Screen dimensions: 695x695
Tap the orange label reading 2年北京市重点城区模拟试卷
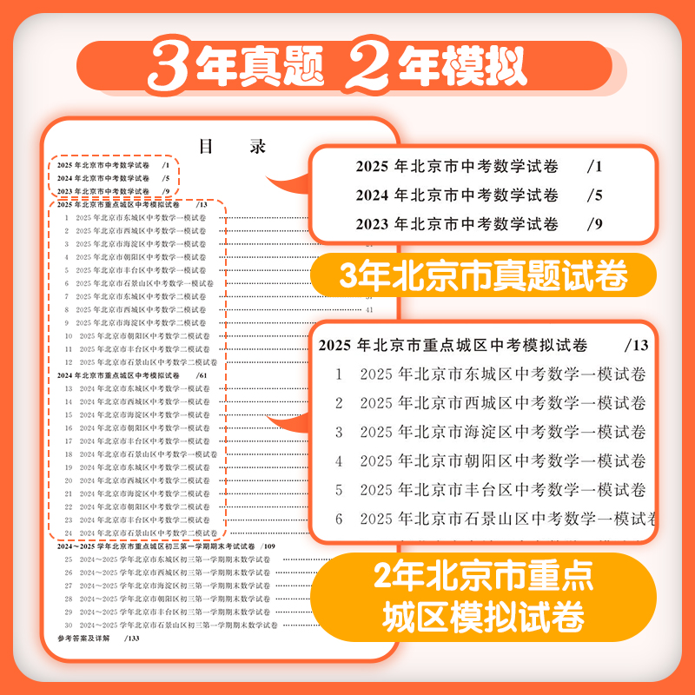(x=483, y=594)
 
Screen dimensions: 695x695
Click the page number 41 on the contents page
(x=369, y=309)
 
